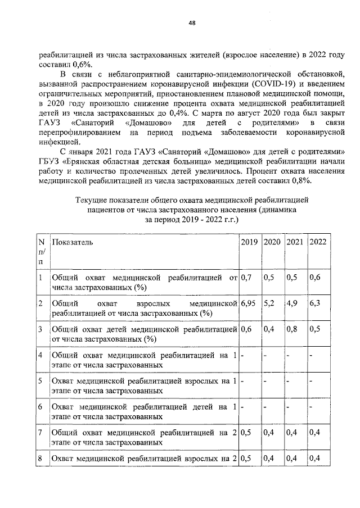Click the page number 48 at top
pos(192,22)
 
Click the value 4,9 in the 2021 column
pos(292,303)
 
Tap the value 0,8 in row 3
pos(292,330)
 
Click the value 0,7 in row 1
pos(246,277)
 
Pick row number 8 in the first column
pos(40,459)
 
